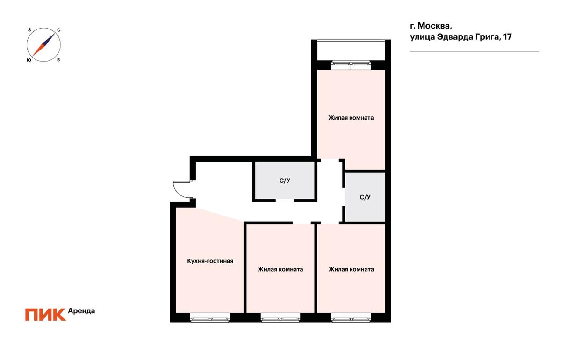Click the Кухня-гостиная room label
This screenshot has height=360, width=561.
210,261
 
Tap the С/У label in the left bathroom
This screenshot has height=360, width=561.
285,180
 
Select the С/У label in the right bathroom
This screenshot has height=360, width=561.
365,197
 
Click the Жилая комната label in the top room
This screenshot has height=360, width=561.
351,118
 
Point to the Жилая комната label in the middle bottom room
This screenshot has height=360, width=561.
280,269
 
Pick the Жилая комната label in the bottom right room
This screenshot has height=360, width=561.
351,269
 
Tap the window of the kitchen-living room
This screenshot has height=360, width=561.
209,318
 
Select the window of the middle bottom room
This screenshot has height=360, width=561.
280,318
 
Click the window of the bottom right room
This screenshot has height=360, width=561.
351,318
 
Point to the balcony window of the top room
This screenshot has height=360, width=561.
351,65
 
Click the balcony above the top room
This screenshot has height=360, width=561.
351,50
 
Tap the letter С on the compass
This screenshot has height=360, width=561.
58,30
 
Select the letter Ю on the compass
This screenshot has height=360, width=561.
29,60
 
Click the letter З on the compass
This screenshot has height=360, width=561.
29,30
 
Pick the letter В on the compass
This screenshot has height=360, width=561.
58,60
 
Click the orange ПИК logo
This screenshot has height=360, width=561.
45,315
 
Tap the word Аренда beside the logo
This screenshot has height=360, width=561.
81,311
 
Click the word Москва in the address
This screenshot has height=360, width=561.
435,26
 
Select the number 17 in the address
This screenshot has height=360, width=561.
507,37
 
